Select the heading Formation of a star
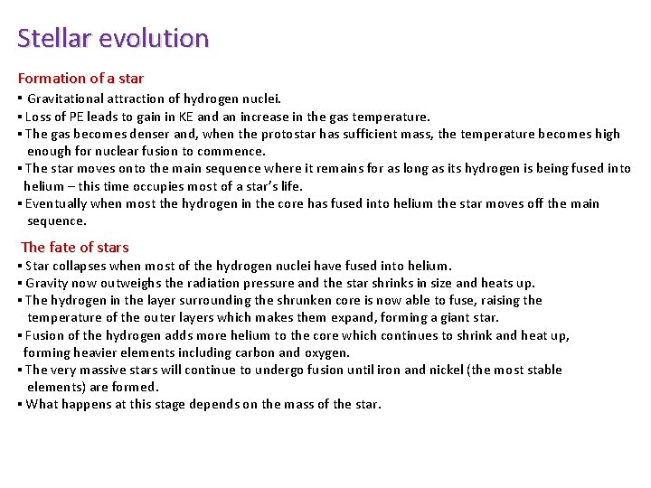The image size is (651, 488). tap(80, 79)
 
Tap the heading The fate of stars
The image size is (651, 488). tap(74, 247)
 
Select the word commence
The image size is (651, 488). tap(234, 151)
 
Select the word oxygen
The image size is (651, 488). tap(326, 352)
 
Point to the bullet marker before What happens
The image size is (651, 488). tap(20, 404)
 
